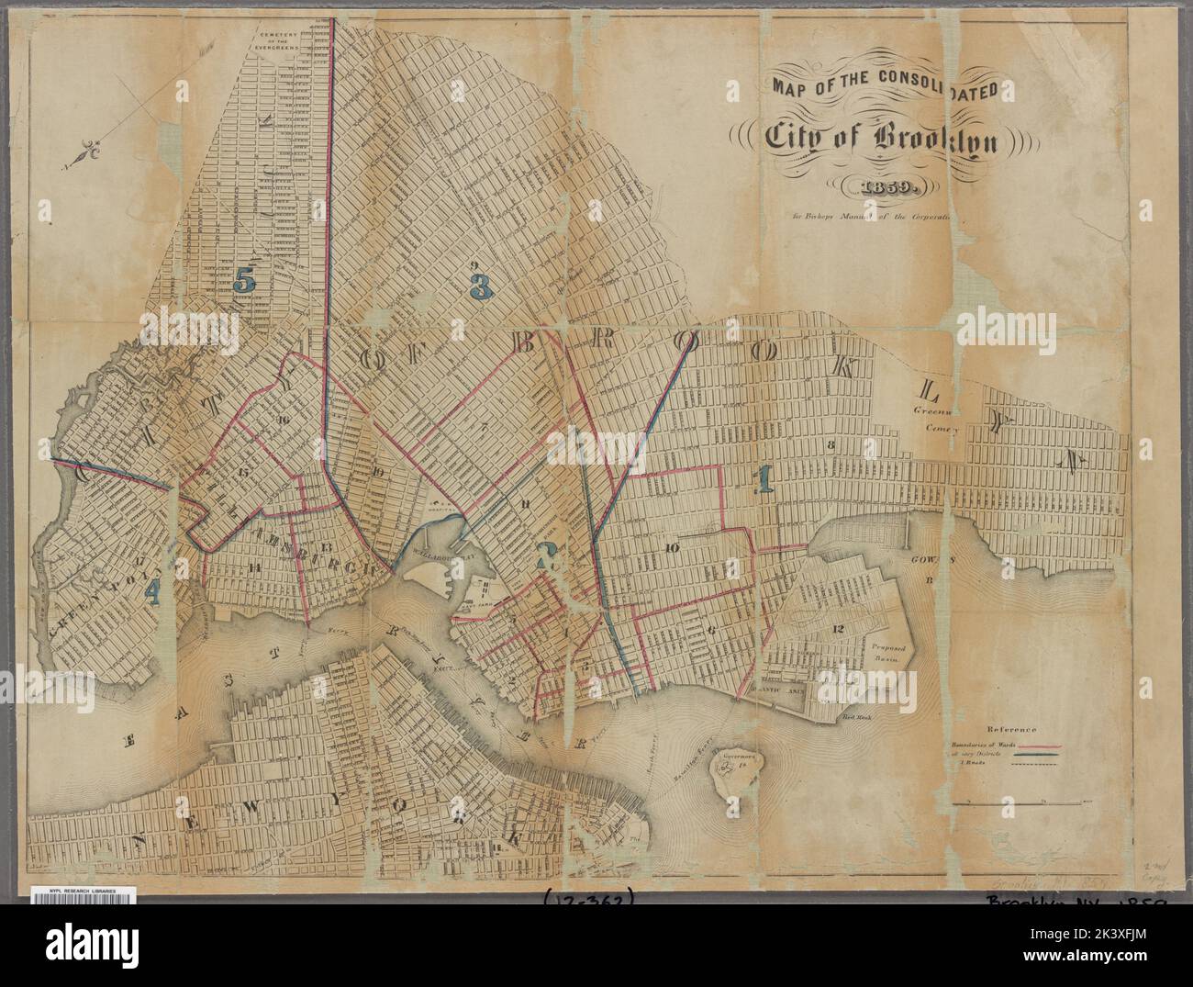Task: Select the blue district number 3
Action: point(479,287)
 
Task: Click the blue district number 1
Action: point(760,480)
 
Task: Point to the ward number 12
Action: point(838,628)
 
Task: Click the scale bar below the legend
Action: point(1019,804)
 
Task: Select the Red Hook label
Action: point(856,721)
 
